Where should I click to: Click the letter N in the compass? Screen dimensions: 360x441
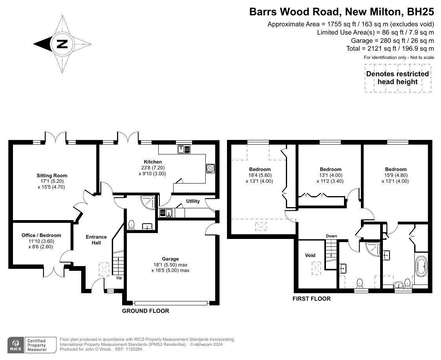tap(62, 44)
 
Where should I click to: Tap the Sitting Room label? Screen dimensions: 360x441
tap(52, 176)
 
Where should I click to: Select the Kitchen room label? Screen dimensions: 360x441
tap(153, 162)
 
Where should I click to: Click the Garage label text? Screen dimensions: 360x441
tap(170, 259)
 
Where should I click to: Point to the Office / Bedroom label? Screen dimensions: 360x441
tap(41, 235)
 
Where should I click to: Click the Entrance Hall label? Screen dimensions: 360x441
tap(96, 240)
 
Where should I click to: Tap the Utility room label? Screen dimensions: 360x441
tap(193, 201)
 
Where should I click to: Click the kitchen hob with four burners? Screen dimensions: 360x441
tap(210, 168)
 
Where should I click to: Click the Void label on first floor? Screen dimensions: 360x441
tap(310, 255)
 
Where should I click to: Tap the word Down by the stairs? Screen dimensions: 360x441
tap(331, 236)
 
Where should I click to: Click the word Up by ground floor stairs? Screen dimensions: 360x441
tap(119, 277)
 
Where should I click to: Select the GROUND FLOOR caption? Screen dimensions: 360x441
tap(146, 311)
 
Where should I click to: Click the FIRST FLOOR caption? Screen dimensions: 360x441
tap(311, 299)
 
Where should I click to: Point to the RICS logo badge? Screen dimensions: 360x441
tap(16, 345)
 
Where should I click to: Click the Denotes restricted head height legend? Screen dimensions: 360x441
tap(397, 78)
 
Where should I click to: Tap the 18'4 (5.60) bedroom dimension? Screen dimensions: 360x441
tap(260, 175)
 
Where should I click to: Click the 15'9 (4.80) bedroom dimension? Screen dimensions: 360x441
tap(395, 175)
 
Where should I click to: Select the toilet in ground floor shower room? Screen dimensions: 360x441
tap(132, 225)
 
